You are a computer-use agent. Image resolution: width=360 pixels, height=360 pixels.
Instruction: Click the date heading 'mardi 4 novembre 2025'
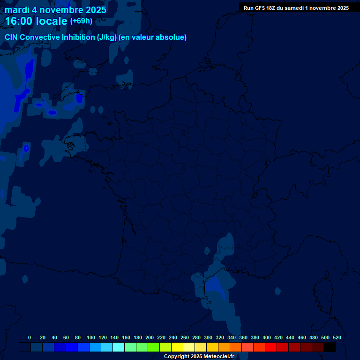click(55, 9)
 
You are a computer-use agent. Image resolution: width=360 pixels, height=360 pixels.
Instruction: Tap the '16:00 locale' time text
click(36, 21)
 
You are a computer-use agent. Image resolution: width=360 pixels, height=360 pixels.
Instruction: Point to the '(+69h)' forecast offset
click(81, 21)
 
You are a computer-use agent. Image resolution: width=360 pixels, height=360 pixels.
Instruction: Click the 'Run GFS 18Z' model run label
click(261, 8)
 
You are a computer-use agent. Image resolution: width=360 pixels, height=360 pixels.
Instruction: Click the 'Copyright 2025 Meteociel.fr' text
click(199, 356)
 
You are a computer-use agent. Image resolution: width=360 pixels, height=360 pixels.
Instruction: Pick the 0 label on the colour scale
click(30, 337)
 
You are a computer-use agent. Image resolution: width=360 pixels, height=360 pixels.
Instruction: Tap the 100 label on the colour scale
click(91, 337)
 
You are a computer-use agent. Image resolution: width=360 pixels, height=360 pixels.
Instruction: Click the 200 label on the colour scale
click(150, 337)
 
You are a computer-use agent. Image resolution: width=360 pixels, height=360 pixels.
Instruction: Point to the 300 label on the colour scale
click(208, 337)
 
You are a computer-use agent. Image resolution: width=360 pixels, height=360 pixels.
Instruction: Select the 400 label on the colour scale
click(267, 337)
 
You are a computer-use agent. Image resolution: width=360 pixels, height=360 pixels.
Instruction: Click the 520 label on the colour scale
click(337, 337)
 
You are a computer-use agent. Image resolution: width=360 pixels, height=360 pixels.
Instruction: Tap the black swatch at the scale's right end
click(330, 347)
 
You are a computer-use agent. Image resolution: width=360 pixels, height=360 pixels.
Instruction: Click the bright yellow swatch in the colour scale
click(177, 347)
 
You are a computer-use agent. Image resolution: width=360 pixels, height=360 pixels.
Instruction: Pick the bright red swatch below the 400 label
click(271, 347)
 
